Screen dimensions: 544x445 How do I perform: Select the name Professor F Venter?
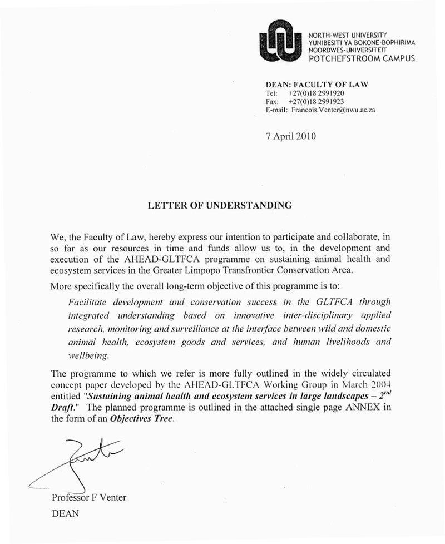pyautogui.click(x=88, y=497)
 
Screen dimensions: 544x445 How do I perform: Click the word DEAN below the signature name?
pyautogui.click(x=65, y=514)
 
